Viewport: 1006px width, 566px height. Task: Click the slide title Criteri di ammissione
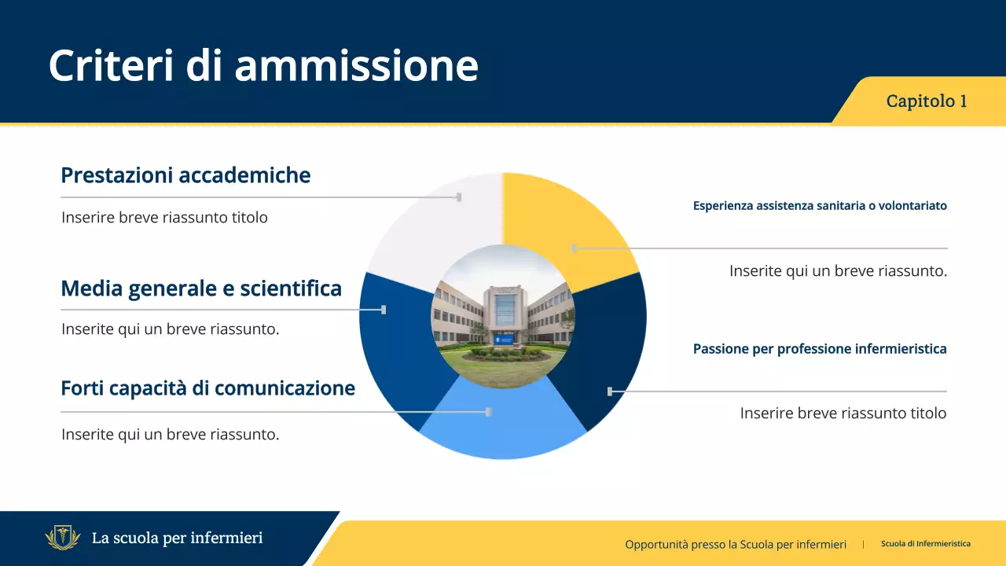263,65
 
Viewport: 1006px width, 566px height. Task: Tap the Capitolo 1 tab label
926,101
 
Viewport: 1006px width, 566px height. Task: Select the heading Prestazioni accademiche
185,175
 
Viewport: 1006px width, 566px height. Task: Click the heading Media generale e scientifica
201,289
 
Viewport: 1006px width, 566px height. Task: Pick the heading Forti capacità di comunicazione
207,388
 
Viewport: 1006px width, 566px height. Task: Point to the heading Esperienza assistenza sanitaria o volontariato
820,206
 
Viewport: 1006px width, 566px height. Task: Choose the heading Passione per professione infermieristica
820,349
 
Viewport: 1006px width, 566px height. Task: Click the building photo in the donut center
503,316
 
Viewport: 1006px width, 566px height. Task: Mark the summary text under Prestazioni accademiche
164,218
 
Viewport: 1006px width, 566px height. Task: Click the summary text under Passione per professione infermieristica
843,413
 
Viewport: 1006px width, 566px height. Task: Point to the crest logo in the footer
63,538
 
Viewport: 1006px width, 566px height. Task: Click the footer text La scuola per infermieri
177,538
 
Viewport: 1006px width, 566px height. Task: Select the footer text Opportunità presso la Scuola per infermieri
736,544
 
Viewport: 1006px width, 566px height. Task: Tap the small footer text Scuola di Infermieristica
925,544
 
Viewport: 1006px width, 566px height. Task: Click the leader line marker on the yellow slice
574,248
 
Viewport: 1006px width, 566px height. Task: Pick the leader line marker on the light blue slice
489,412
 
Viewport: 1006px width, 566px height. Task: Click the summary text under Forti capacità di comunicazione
170,434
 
